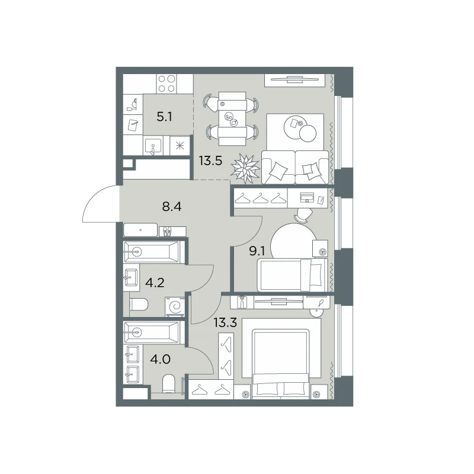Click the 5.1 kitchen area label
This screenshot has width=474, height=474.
point(165,116)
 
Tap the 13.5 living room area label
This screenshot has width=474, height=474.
point(210,161)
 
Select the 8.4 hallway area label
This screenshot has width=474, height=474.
point(172,207)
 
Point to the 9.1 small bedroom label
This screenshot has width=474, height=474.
point(257,251)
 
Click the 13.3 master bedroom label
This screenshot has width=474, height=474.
point(225,323)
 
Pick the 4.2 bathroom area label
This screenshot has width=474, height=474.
point(155,283)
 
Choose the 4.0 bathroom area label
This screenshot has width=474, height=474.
point(160,360)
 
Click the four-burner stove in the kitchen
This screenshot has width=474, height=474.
point(167,84)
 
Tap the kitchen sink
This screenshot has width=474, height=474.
point(153,146)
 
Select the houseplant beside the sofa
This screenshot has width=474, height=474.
point(245,168)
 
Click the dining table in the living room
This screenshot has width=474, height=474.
point(232,118)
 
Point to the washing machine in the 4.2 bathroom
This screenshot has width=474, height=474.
point(175,307)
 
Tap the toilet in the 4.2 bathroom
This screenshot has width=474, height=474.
point(139,305)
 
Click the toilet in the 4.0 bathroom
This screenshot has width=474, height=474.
point(169,384)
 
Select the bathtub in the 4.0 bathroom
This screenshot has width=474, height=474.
point(152,332)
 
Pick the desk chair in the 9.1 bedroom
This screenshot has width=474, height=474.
point(303,214)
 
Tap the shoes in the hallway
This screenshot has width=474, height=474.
point(167,232)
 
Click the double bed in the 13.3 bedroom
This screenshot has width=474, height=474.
point(280,364)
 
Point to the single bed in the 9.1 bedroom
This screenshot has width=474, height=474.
point(292,275)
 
